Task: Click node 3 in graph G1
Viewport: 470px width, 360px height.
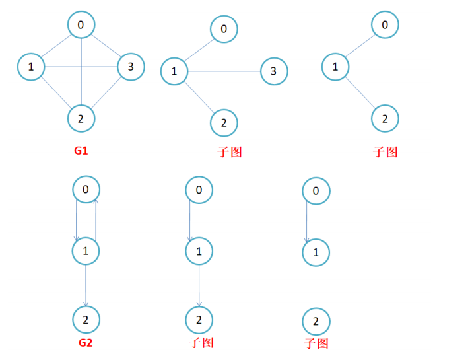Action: point(131,67)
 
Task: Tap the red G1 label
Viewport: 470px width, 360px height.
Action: point(81,151)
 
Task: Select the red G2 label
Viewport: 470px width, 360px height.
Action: point(86,343)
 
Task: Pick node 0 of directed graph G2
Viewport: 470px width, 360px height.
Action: point(85,190)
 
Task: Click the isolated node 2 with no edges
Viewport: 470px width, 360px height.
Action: point(316,322)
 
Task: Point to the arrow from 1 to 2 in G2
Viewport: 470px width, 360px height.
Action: point(86,284)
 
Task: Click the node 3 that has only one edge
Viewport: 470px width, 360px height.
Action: point(274,71)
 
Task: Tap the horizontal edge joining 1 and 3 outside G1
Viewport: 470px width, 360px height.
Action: point(224,70)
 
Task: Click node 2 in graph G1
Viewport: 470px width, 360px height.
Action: point(81,119)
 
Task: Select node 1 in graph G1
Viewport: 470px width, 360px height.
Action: point(31,66)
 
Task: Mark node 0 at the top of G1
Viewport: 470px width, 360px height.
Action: point(81,26)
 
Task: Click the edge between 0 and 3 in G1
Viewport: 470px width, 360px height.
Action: point(106,46)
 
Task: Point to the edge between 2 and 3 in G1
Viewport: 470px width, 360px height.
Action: point(106,92)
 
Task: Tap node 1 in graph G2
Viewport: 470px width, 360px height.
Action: point(85,250)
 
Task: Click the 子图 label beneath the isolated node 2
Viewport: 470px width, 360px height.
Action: point(316,343)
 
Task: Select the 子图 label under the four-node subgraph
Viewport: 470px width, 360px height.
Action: point(230,152)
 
